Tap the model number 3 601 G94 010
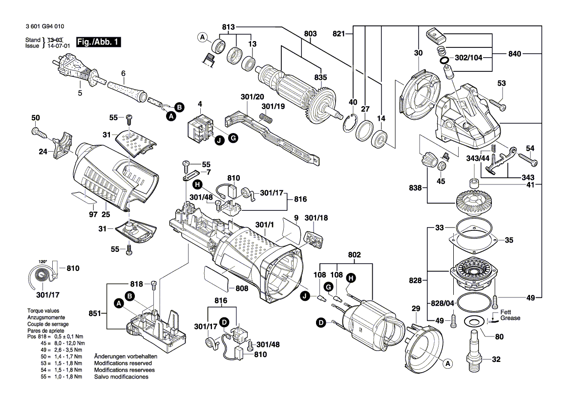[x=43, y=26]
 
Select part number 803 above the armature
[x=310, y=34]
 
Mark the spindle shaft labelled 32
[x=474, y=347]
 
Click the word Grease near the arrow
[x=510, y=318]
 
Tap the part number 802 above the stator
[x=354, y=255]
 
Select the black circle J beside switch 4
[x=219, y=140]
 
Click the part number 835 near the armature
[x=320, y=77]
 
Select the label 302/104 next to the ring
[x=468, y=57]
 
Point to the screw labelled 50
[x=37, y=130]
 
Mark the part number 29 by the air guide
[x=416, y=309]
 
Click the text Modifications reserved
[x=123, y=363]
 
